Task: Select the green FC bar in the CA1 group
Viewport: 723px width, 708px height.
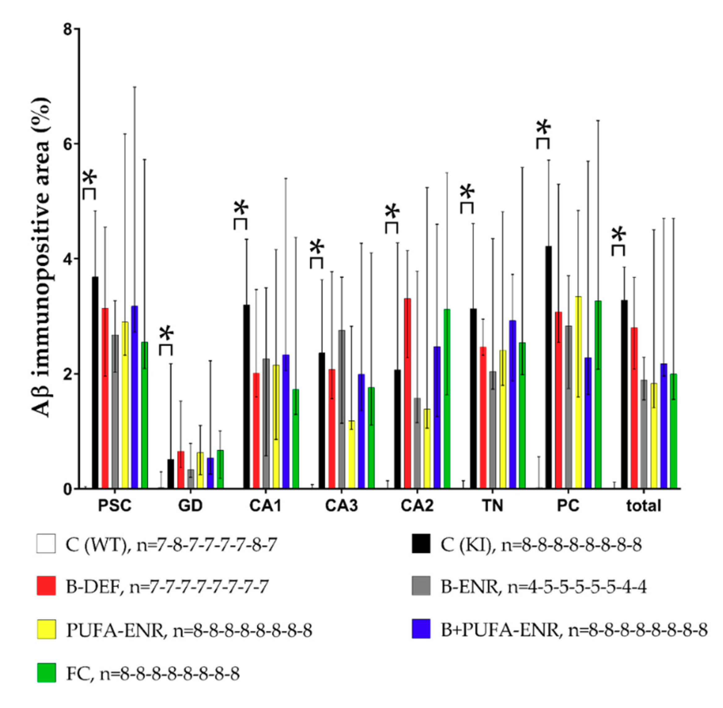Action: pyautogui.click(x=295, y=439)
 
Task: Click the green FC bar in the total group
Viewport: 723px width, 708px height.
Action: pyautogui.click(x=673, y=431)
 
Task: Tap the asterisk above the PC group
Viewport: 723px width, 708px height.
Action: pyautogui.click(x=544, y=128)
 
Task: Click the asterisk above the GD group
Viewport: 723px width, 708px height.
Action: pyautogui.click(x=167, y=334)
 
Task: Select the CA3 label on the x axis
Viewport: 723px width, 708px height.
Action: pyautogui.click(x=341, y=506)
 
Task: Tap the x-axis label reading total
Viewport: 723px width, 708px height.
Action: pyautogui.click(x=643, y=506)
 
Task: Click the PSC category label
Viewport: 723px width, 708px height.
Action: pyautogui.click(x=115, y=506)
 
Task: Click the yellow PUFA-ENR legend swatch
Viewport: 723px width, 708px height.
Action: pyautogui.click(x=46, y=629)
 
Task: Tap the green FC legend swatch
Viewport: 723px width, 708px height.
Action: pyautogui.click(x=46, y=672)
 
